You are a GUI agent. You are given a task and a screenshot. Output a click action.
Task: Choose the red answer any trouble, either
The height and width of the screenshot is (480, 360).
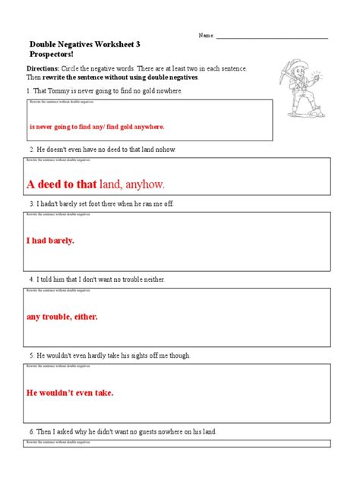[x=62, y=316]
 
